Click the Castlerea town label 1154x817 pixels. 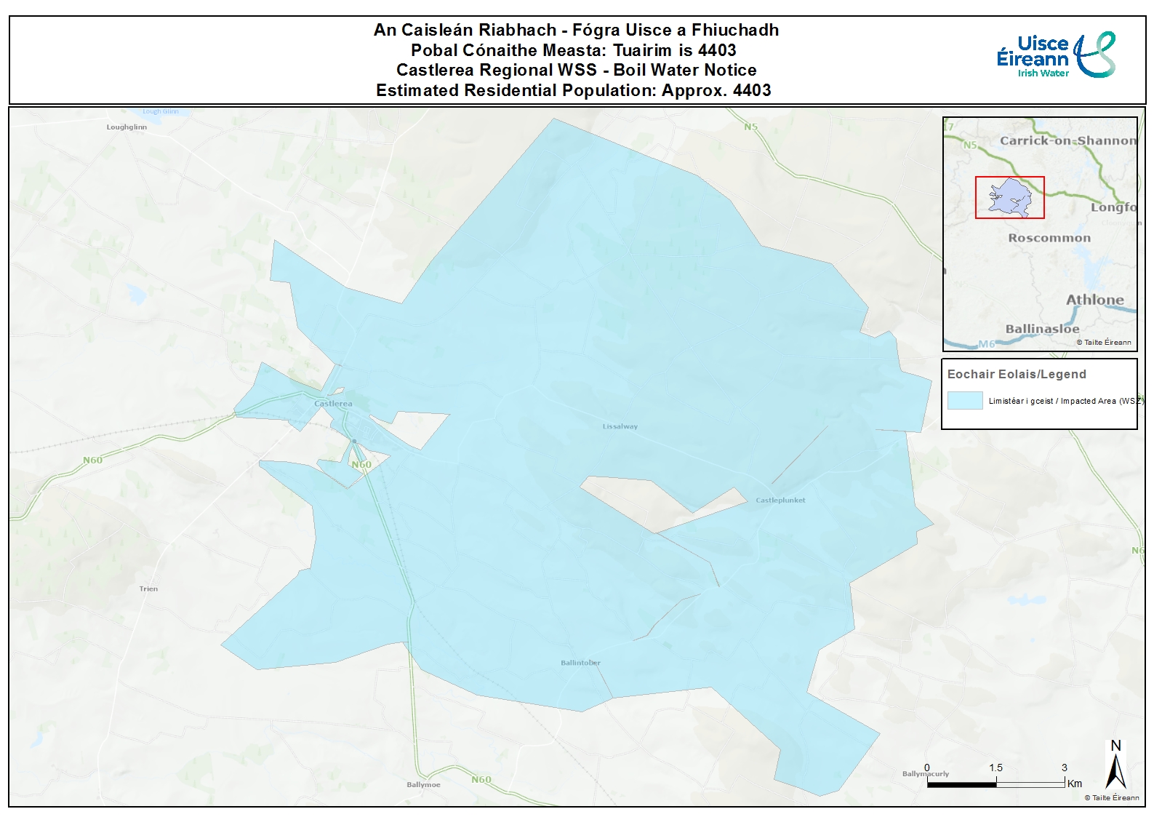(333, 404)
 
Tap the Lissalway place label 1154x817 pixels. (620, 426)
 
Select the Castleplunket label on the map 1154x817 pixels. (780, 501)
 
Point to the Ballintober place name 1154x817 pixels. (580, 663)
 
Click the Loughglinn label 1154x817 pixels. (127, 127)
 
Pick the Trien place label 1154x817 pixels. (148, 589)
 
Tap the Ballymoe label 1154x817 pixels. (423, 785)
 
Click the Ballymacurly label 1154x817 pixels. (925, 774)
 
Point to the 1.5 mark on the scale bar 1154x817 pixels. (995, 768)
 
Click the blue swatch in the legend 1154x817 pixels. (965, 401)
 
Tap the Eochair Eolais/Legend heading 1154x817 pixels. (1017, 374)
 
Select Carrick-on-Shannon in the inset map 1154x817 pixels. (1067, 140)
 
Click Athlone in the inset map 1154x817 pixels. (1094, 300)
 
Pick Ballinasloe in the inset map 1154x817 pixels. (1042, 329)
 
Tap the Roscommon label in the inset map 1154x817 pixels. (1049, 238)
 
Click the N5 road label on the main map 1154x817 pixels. (750, 127)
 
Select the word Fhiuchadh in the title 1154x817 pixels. (734, 30)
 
